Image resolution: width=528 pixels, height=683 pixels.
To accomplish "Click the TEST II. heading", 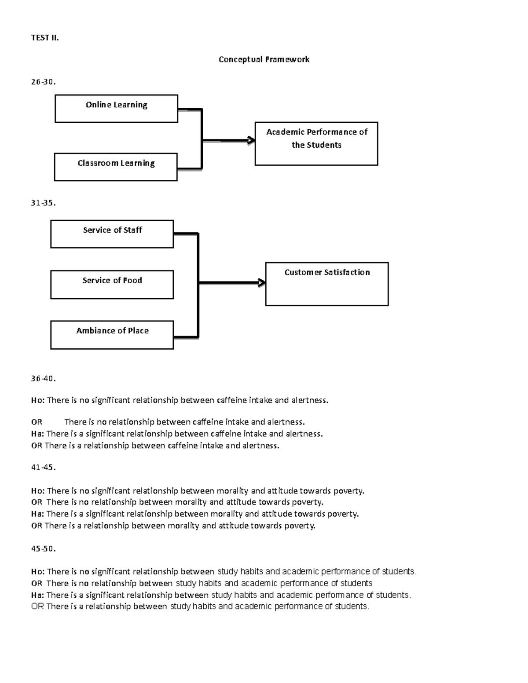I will [x=44, y=38].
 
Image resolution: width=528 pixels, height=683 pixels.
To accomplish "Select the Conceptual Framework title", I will [x=264, y=59].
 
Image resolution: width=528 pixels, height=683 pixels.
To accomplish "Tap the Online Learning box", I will [x=116, y=108].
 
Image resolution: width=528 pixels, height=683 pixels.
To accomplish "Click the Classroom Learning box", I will [x=116, y=167].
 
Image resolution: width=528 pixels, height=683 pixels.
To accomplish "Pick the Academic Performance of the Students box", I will [x=316, y=143].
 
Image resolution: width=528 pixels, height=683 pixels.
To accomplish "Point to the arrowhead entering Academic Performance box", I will [x=252, y=140].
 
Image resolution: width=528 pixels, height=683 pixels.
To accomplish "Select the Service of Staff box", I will [x=112, y=234].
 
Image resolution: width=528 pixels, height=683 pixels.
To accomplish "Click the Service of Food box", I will [x=112, y=285].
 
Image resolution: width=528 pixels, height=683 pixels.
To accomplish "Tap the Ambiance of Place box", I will [x=112, y=335].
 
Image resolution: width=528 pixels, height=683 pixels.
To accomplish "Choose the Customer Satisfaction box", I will [x=327, y=284].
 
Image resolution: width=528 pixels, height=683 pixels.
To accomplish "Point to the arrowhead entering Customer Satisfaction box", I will [x=262, y=283].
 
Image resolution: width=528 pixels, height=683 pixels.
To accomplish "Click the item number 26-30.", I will [x=43, y=81].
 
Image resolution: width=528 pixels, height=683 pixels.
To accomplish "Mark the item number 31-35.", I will [x=43, y=203].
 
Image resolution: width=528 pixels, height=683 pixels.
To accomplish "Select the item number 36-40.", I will [x=43, y=378].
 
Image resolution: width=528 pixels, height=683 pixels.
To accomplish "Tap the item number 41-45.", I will [x=43, y=467].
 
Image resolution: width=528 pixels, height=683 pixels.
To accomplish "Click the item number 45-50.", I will [x=43, y=548].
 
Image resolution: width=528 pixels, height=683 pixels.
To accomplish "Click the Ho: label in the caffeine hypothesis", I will [x=37, y=400].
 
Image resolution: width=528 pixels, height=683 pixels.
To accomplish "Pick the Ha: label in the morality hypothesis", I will [x=37, y=514].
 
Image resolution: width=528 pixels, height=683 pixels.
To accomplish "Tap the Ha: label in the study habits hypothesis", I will [x=37, y=595].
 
